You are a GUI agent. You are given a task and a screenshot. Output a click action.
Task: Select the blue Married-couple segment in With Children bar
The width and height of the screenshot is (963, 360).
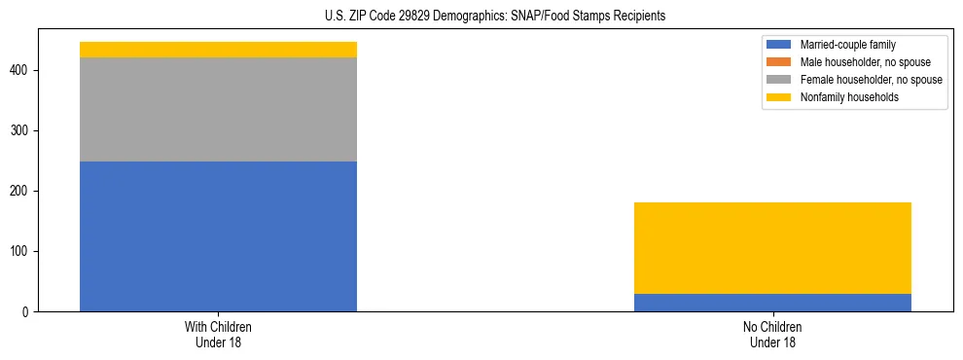(218, 236)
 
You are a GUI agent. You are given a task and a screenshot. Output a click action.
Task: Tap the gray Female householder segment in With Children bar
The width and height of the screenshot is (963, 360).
(218, 110)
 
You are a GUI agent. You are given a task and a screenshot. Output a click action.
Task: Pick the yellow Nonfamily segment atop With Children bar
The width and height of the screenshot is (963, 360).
(218, 50)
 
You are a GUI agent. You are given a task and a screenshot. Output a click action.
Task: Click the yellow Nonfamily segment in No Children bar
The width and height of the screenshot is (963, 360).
(772, 248)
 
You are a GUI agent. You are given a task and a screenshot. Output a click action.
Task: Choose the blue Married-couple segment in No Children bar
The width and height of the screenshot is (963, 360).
(772, 303)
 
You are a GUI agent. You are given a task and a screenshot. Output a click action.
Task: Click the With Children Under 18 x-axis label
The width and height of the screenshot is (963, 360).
(218, 334)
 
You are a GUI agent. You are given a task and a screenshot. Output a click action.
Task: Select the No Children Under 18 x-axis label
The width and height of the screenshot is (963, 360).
(772, 334)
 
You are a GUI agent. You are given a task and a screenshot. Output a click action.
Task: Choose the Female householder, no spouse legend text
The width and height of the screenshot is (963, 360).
(871, 80)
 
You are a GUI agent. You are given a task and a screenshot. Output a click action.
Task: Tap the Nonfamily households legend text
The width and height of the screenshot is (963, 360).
(848, 97)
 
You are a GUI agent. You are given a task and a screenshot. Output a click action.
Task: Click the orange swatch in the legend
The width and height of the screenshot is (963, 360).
(779, 62)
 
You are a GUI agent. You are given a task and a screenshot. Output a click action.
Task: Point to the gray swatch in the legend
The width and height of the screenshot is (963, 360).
(779, 80)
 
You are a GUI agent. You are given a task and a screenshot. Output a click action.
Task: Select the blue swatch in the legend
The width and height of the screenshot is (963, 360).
(779, 45)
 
